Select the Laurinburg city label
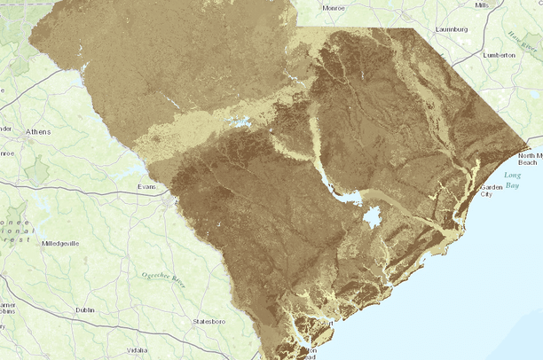(x=452, y=28)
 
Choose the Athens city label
(x=38, y=132)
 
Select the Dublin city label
(x=85, y=310)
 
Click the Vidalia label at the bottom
(x=137, y=350)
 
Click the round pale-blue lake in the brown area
(x=372, y=216)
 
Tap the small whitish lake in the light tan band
(x=240, y=121)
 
